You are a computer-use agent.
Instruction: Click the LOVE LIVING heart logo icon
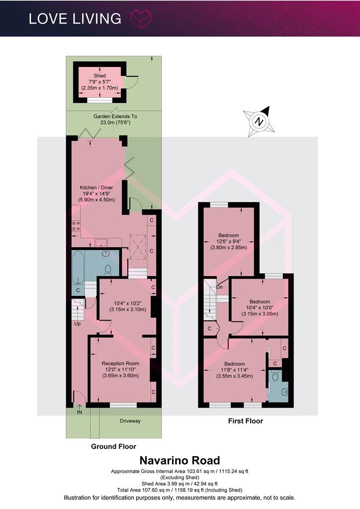pyautogui.click(x=141, y=18)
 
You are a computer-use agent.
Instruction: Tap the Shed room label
pyautogui.click(x=99, y=75)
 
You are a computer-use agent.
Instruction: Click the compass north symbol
pyautogui.click(x=259, y=122)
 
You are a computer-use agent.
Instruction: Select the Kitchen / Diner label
pyautogui.click(x=97, y=188)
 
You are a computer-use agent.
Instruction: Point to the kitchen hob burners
pyautogui.click(x=76, y=226)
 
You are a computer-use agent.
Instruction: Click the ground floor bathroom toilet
pyautogui.click(x=108, y=269)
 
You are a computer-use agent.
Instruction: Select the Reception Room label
pyautogui.click(x=121, y=363)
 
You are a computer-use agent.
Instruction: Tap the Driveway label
pyautogui.click(x=130, y=421)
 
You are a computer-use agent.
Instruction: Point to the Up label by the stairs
pyautogui.click(x=78, y=324)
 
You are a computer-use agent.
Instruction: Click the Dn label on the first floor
pyautogui.click(x=220, y=287)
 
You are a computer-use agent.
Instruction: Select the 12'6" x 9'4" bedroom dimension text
pyautogui.click(x=229, y=241)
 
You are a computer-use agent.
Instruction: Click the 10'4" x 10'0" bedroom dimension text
pyautogui.click(x=260, y=308)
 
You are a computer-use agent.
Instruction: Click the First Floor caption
pyautogui.click(x=245, y=421)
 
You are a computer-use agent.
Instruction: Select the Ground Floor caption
pyautogui.click(x=113, y=446)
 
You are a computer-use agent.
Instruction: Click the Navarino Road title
pyautogui.click(x=180, y=460)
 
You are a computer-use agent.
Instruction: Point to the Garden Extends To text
pyautogui.click(x=115, y=116)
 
